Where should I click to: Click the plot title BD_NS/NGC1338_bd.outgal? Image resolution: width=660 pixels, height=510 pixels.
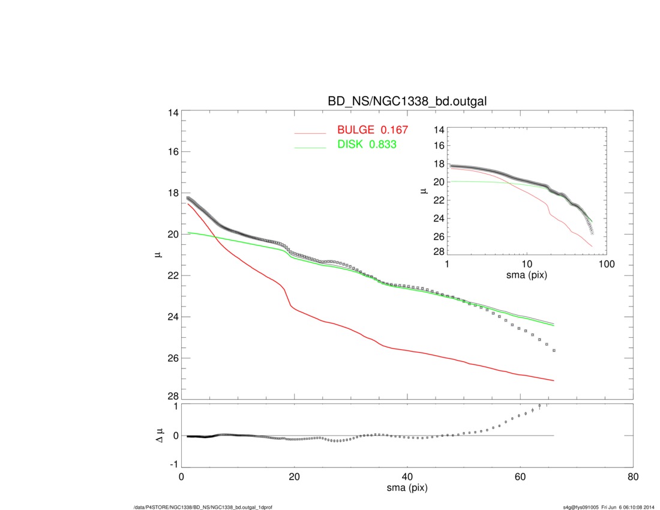(406, 102)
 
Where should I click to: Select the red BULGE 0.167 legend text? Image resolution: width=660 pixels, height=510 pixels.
(373, 130)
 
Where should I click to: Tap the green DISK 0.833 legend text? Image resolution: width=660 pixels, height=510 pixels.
(367, 145)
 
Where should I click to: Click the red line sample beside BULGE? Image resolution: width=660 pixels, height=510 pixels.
(310, 133)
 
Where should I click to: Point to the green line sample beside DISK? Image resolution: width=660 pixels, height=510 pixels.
(310, 147)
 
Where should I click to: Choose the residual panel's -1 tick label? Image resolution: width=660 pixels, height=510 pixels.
(173, 464)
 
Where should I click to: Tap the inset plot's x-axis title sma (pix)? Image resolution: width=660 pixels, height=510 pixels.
(527, 275)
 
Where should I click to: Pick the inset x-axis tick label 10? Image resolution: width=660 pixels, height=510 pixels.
(527, 264)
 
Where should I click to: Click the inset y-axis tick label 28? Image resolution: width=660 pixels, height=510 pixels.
(438, 251)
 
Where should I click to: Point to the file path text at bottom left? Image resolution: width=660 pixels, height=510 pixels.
(203, 507)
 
